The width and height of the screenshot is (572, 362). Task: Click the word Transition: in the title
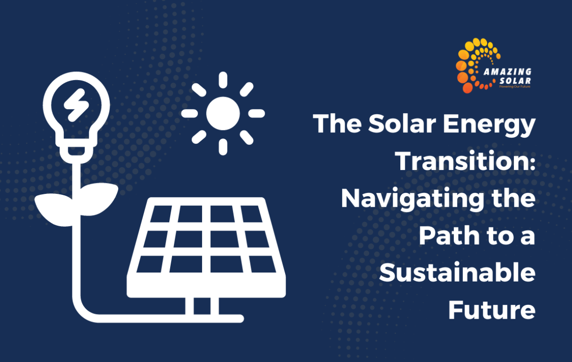coord(466,161)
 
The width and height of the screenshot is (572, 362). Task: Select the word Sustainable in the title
coord(457,273)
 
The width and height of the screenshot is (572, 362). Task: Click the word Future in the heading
coord(492,310)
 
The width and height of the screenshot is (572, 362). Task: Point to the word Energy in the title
coord(489,125)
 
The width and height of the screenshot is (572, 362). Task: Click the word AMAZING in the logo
coord(508,72)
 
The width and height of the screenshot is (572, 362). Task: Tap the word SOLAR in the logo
coord(515,81)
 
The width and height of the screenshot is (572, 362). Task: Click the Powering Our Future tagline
coord(515,87)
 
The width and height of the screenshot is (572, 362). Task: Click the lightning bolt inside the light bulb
coord(76,105)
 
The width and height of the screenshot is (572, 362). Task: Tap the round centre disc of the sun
coord(223,113)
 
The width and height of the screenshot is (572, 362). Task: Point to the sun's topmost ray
coord(223,80)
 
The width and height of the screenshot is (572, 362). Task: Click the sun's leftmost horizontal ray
coord(190,113)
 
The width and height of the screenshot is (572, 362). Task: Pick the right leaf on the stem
coord(99,199)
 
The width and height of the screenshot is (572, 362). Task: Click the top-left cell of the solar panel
coord(161,214)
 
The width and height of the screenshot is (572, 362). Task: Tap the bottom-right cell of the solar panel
coord(263,264)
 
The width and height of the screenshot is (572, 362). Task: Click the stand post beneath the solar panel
coord(202,306)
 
